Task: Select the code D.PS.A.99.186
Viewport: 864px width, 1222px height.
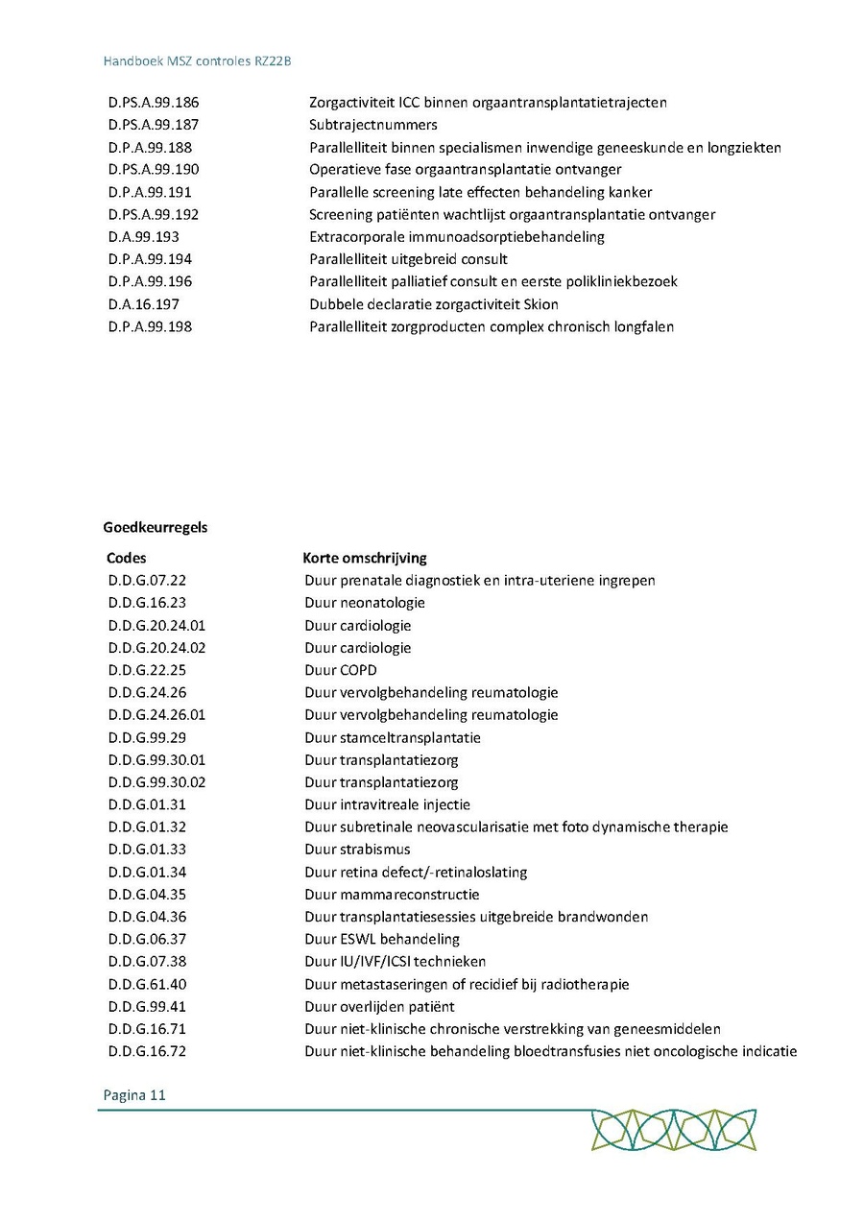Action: pos(154,102)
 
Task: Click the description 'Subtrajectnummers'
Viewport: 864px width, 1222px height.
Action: pos(372,125)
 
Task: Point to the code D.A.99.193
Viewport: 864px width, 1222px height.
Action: pos(144,237)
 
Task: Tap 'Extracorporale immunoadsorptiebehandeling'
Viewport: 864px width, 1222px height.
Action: pos(457,237)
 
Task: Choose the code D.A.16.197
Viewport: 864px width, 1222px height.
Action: pos(144,304)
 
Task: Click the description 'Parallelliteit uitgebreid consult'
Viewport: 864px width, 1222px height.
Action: pos(408,259)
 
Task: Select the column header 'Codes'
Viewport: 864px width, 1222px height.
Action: pos(127,558)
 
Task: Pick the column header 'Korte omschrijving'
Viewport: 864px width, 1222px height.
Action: pos(365,558)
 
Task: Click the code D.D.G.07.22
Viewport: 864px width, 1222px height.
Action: pos(147,581)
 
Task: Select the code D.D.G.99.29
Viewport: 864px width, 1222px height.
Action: pos(147,737)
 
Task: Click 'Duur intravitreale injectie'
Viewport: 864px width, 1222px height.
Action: pos(388,804)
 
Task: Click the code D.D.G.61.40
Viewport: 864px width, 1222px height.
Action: pos(147,984)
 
